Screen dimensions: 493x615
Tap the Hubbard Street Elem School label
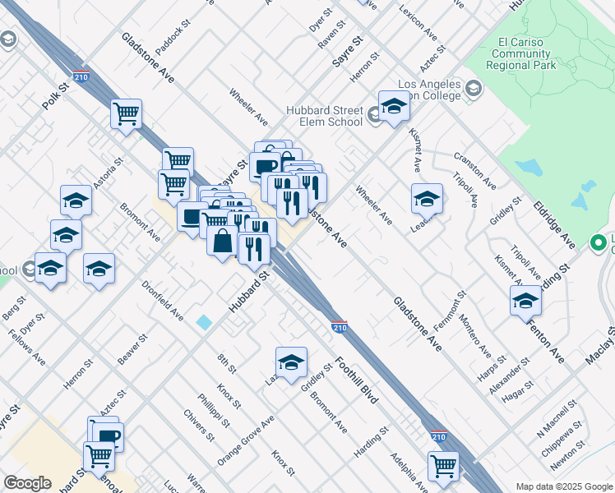[x=325, y=116]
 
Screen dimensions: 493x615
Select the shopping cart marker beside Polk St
[x=126, y=113]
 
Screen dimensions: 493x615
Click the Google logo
[x=28, y=483]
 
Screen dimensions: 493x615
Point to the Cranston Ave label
[x=474, y=169]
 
